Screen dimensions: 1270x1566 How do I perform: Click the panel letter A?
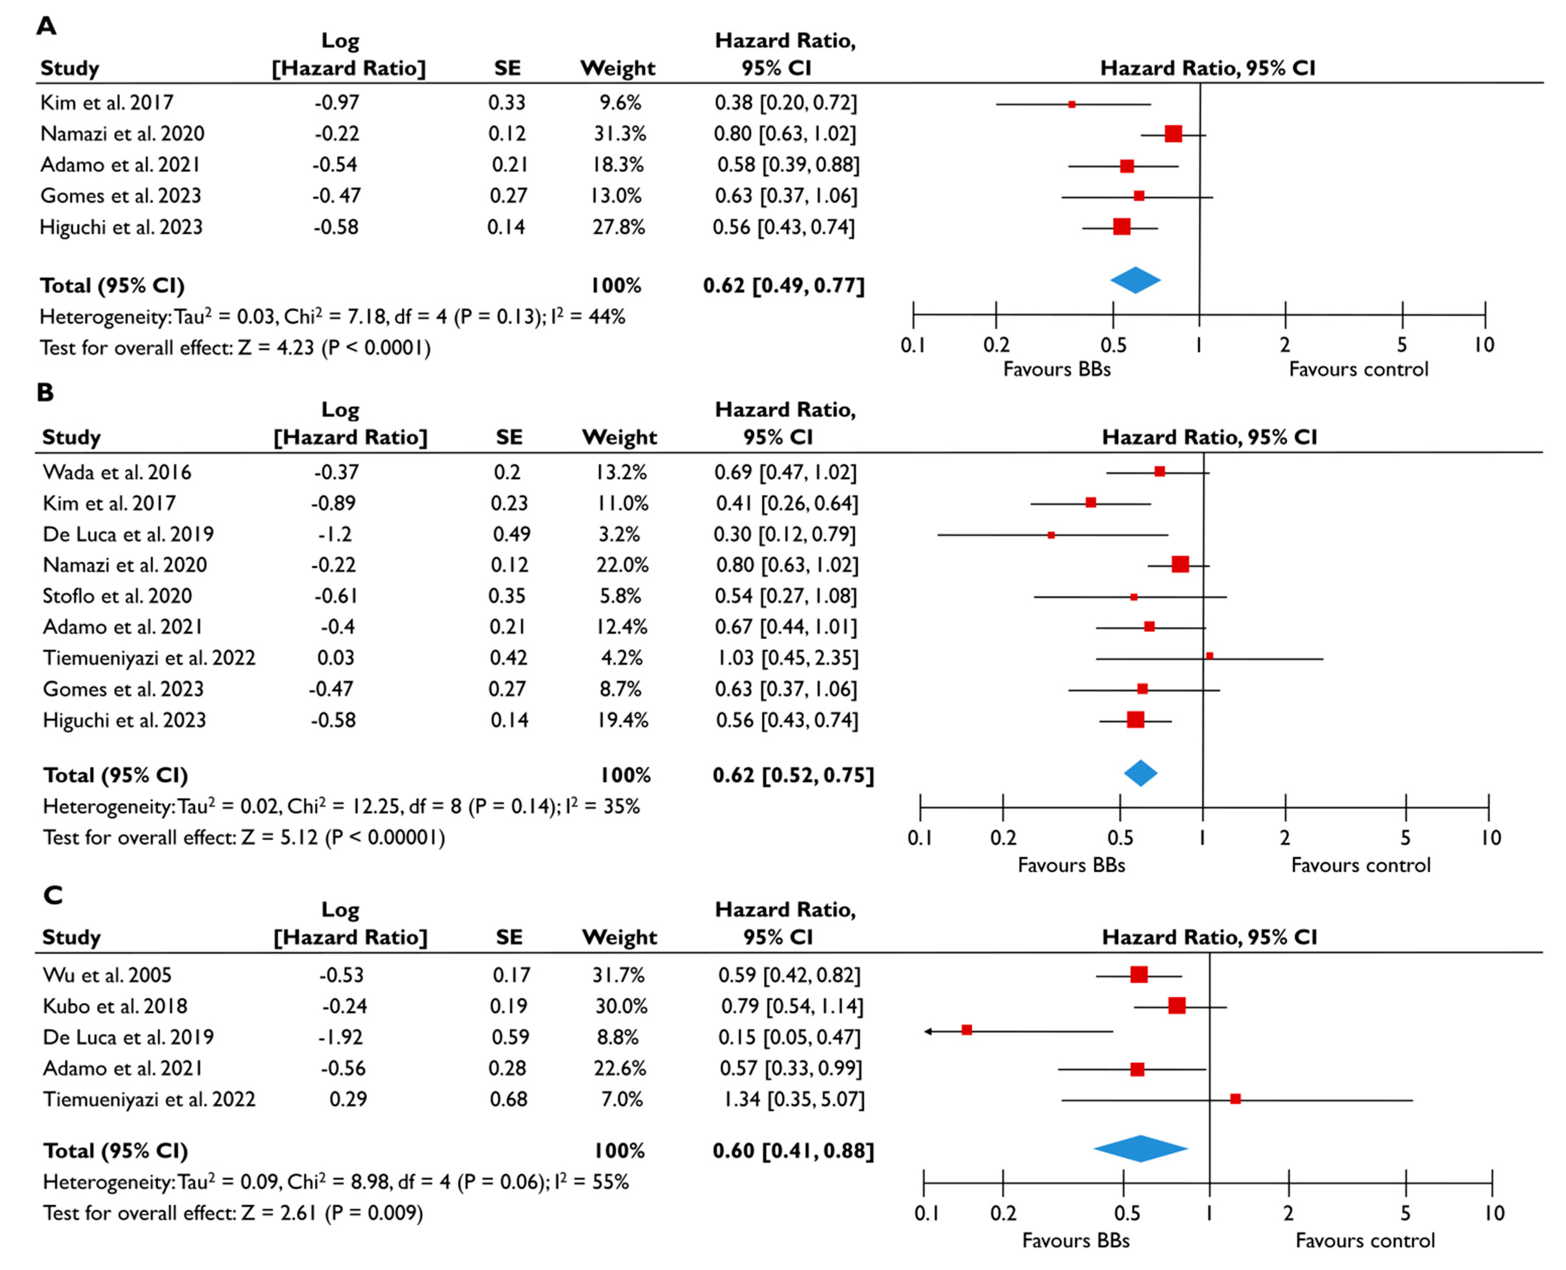46,26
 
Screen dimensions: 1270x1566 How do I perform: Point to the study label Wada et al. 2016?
117,473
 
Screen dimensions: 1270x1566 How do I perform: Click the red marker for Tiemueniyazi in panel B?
1209,656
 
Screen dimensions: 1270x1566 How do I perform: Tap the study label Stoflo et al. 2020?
117,596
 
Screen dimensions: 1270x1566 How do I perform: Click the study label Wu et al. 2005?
107,975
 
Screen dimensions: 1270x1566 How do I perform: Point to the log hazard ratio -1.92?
341,1037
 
